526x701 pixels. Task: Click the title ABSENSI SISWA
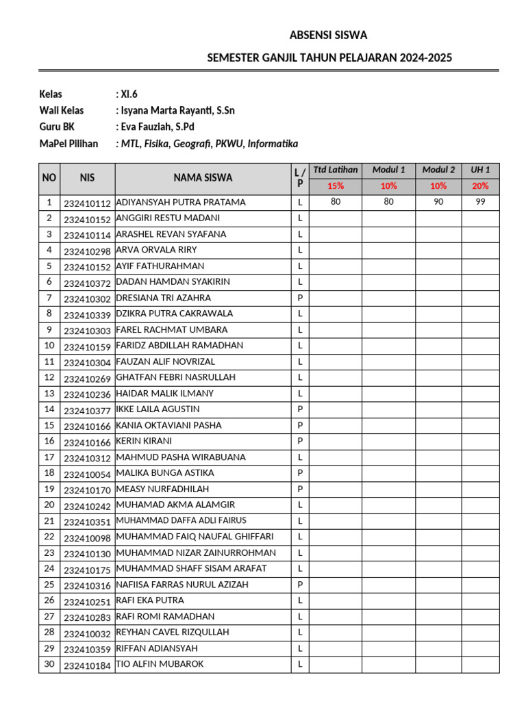[328, 36]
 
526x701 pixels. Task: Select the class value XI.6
[129, 94]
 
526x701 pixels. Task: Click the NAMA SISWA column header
[203, 178]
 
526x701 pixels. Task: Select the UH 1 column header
[479, 170]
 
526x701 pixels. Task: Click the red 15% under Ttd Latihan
[336, 186]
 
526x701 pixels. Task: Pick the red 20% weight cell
[479, 186]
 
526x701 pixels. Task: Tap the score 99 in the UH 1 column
[479, 203]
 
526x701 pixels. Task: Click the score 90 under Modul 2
[438, 203]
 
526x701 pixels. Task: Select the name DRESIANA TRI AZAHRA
[164, 298]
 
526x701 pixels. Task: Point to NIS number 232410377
[87, 411]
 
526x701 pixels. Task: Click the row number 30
[49, 664]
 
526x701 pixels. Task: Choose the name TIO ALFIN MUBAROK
[160, 664]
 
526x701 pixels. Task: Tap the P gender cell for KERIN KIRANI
[300, 442]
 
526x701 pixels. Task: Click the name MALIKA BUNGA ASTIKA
[165, 473]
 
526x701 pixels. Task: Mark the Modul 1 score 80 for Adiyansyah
[388, 203]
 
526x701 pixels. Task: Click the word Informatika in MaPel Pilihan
[273, 144]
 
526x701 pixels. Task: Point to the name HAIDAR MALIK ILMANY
[165, 394]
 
